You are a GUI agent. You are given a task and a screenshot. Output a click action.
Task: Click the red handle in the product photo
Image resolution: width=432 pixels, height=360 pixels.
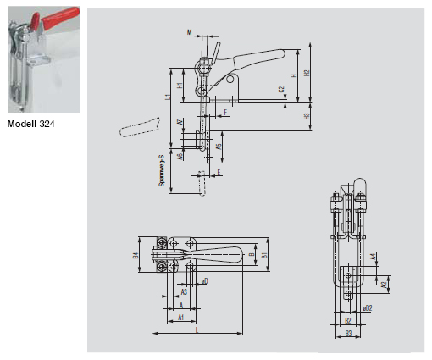61,17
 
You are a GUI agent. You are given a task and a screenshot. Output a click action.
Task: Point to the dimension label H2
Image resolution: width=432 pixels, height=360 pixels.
306,73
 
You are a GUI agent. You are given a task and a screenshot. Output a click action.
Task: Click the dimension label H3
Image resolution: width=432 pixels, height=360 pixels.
306,115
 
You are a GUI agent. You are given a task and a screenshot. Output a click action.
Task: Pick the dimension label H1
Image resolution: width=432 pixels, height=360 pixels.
180,86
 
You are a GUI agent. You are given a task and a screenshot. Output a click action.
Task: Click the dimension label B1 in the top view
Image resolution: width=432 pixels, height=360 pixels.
263,254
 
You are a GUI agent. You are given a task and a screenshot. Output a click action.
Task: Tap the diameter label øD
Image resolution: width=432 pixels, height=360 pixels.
204,280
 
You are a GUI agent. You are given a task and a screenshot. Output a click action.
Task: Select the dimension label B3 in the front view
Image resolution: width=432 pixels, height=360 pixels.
348,333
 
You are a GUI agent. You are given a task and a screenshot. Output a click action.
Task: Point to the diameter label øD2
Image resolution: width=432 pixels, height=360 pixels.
367,307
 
